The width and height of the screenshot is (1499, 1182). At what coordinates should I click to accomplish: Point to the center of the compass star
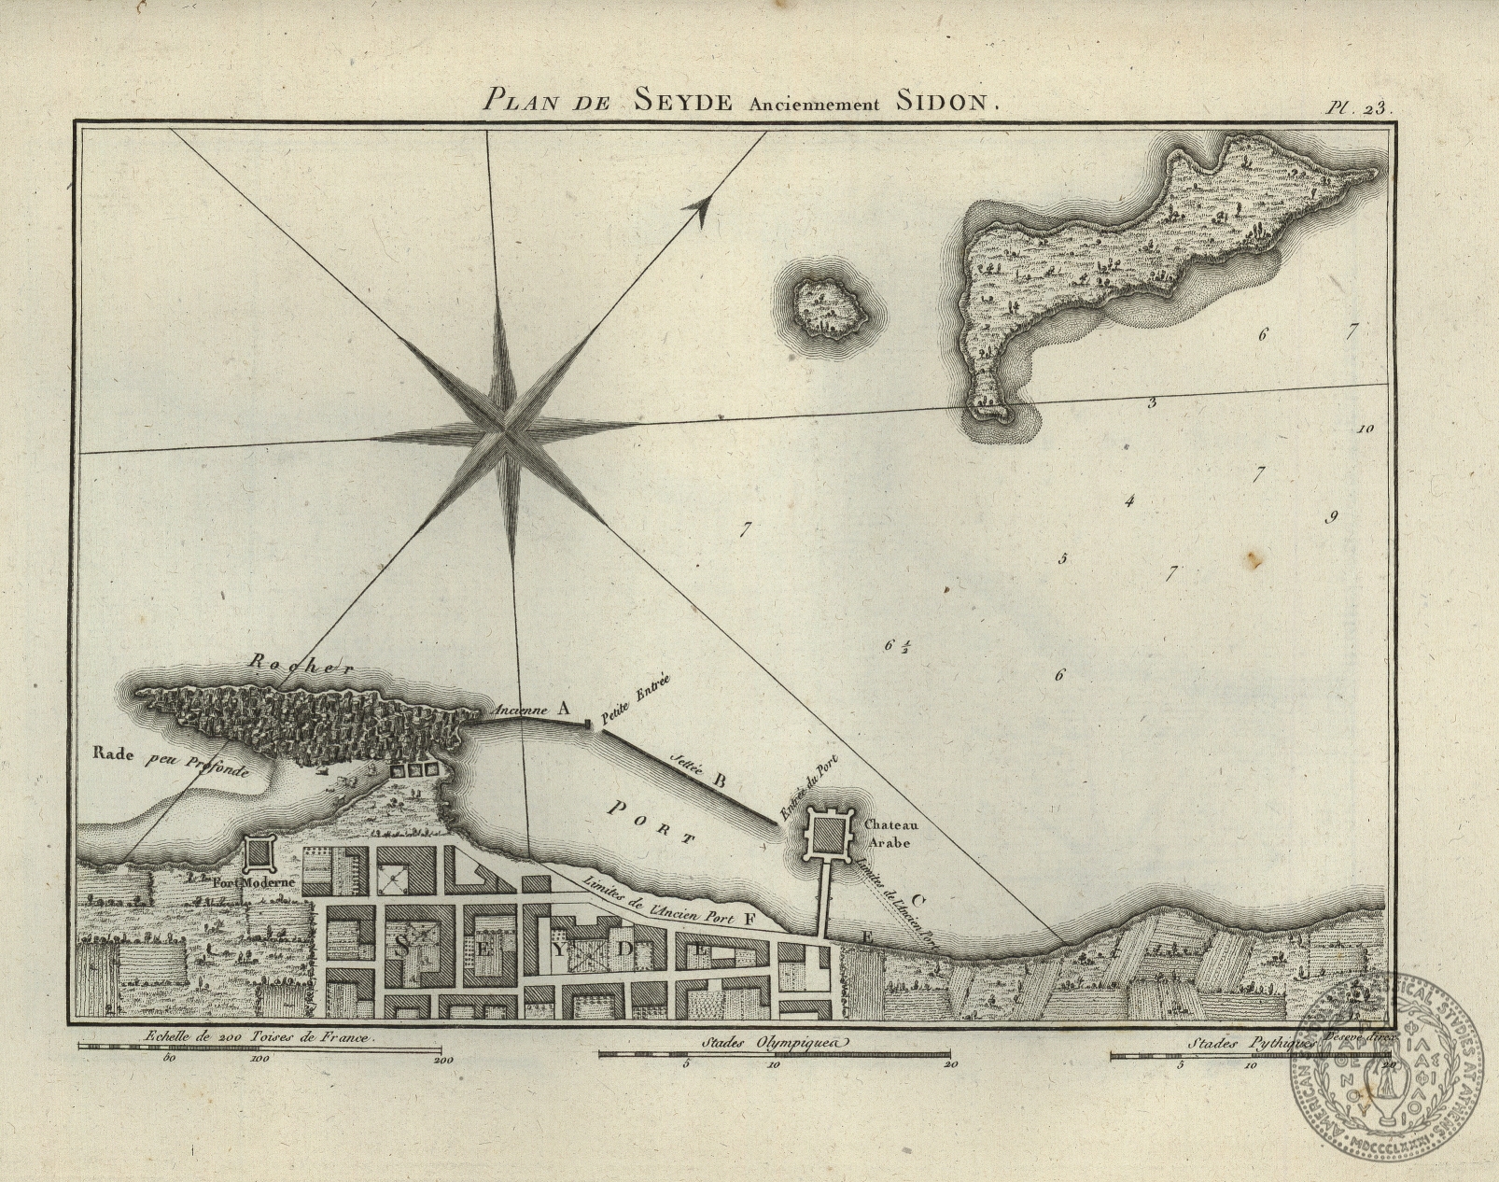tap(503, 430)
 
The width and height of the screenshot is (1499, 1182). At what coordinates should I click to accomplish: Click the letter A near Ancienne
tap(564, 708)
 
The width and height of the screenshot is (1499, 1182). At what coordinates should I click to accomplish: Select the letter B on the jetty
tap(720, 778)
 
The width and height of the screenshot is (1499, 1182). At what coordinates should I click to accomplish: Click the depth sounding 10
tap(1366, 429)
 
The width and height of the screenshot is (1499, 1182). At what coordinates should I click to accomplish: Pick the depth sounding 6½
tap(896, 644)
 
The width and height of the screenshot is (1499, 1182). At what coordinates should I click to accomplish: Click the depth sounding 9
tap(1333, 517)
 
